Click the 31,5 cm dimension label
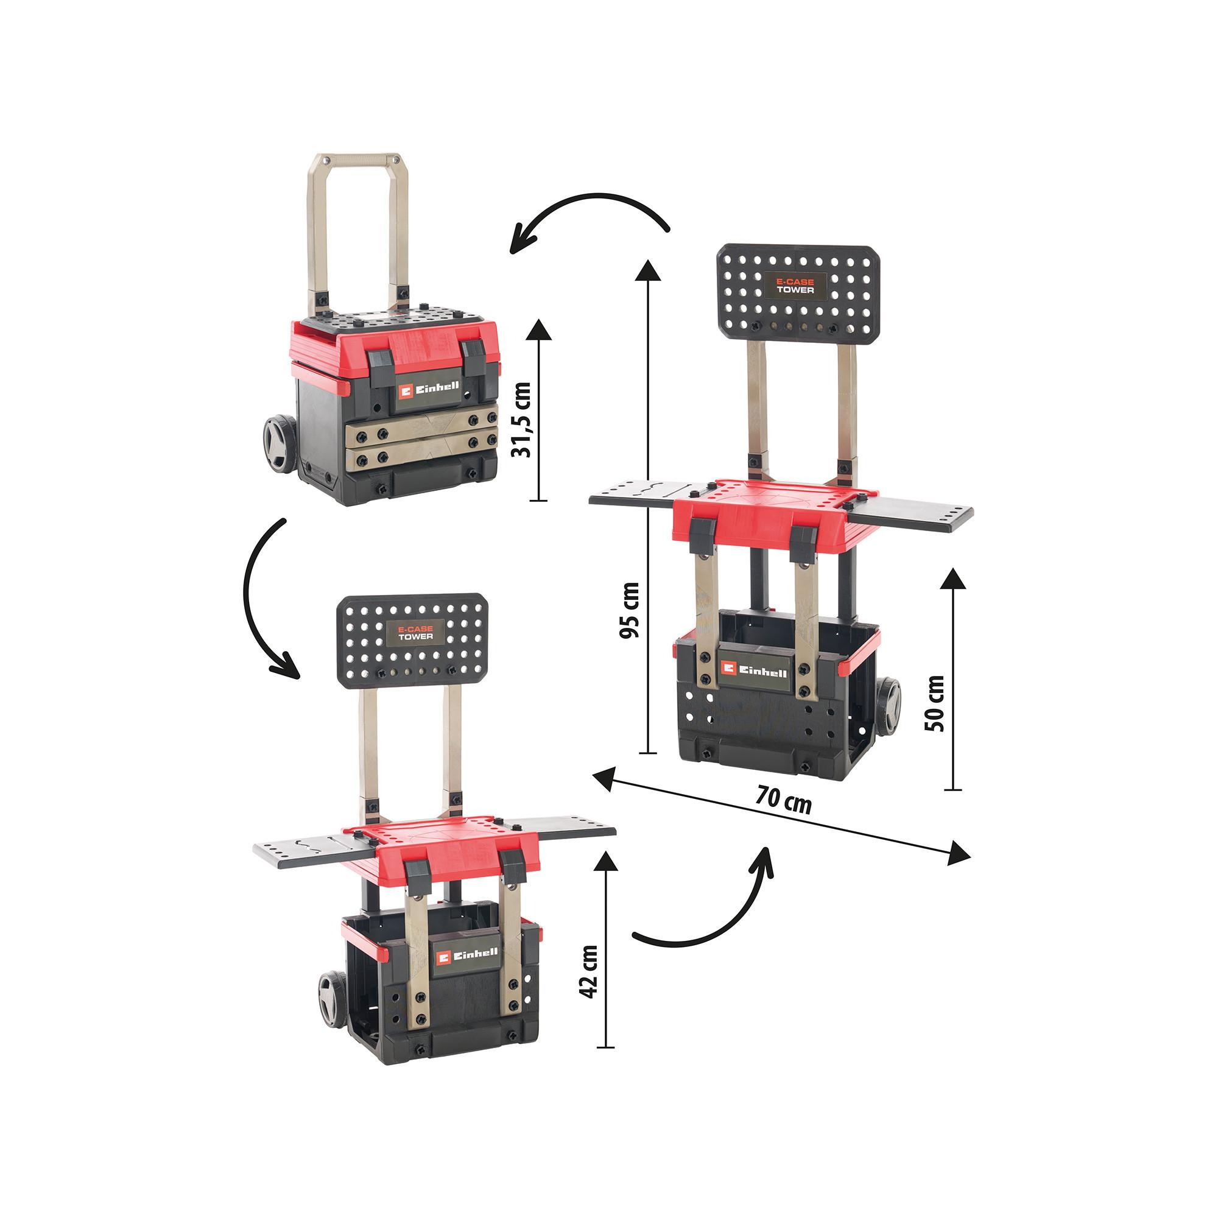click(522, 419)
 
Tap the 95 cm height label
click(629, 610)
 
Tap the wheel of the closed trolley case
click(279, 445)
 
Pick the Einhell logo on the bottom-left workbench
click(467, 956)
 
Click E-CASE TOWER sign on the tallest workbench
click(795, 286)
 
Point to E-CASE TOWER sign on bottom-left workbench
click(415, 632)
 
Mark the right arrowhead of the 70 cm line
click(960, 854)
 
